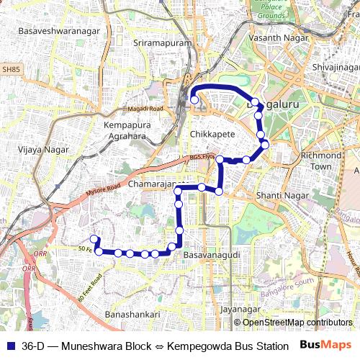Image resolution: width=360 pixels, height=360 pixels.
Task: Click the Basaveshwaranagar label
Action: [x=55, y=32]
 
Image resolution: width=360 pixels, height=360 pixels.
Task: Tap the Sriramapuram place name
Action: [x=163, y=43]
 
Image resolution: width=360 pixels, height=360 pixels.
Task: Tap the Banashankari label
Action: [x=132, y=315]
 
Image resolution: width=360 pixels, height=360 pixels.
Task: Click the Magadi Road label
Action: [x=146, y=109]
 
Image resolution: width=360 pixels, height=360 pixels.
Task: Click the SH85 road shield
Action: [x=10, y=69]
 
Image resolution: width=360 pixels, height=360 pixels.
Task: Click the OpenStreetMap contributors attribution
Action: [x=297, y=323]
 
